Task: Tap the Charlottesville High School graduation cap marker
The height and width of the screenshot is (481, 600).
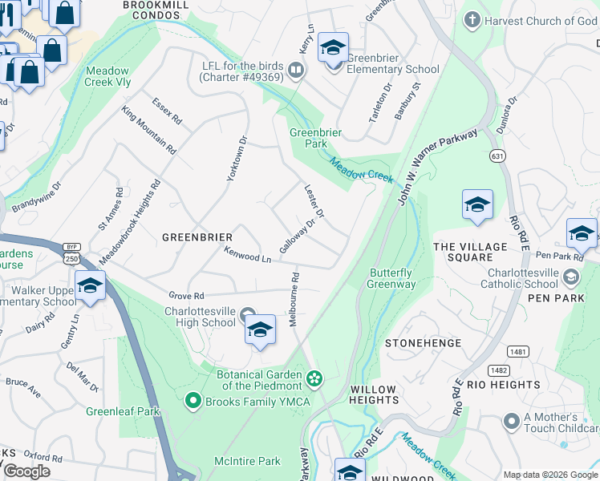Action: tap(260, 329)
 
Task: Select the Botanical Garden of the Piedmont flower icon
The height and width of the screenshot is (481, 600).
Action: tap(314, 377)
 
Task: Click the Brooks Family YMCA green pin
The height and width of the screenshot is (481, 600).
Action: tap(193, 400)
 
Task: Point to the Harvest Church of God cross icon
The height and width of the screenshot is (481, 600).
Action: tap(473, 21)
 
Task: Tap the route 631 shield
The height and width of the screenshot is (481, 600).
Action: tap(499, 156)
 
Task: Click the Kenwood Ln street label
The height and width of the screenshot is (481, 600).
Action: tap(248, 257)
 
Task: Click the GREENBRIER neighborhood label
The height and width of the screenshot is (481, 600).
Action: tap(197, 237)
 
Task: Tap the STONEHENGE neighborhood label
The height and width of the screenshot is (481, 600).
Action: tap(423, 343)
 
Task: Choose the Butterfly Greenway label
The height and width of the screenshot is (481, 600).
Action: tap(391, 278)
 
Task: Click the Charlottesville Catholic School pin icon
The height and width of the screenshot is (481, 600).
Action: tap(570, 277)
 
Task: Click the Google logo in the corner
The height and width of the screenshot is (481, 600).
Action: tap(26, 471)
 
